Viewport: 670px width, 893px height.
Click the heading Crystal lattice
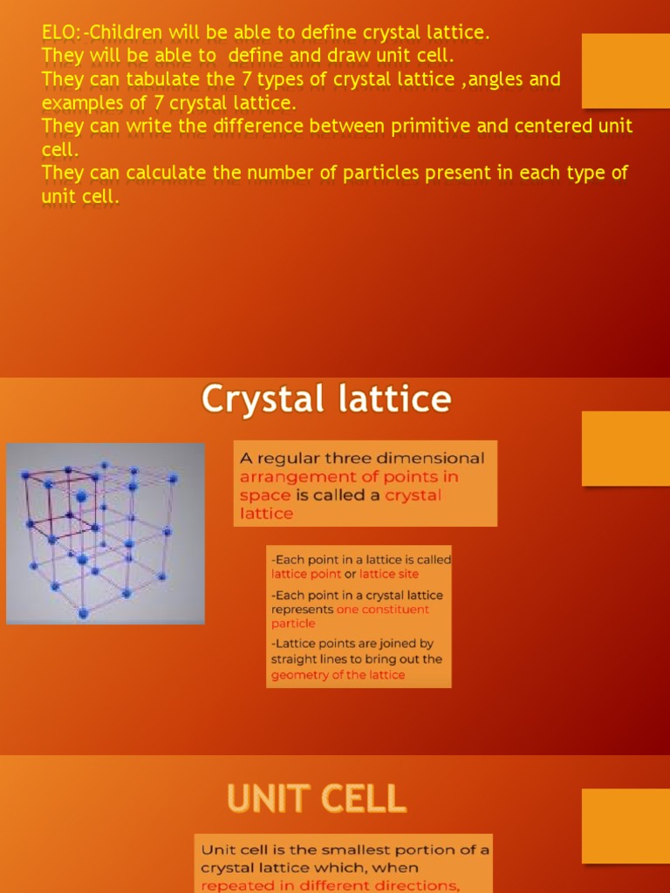coord(326,400)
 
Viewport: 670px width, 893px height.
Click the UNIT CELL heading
coord(317,798)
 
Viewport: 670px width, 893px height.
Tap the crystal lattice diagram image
coord(106,534)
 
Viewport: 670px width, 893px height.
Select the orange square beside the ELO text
coord(625,71)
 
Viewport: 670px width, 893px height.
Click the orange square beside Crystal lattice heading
coord(625,448)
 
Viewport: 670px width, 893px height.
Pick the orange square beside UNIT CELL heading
coord(625,826)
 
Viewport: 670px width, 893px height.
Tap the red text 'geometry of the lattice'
coord(338,675)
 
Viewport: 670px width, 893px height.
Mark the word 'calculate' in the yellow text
coord(165,173)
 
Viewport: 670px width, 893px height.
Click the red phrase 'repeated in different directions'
coord(330,886)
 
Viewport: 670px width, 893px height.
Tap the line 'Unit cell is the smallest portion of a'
coord(345,849)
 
